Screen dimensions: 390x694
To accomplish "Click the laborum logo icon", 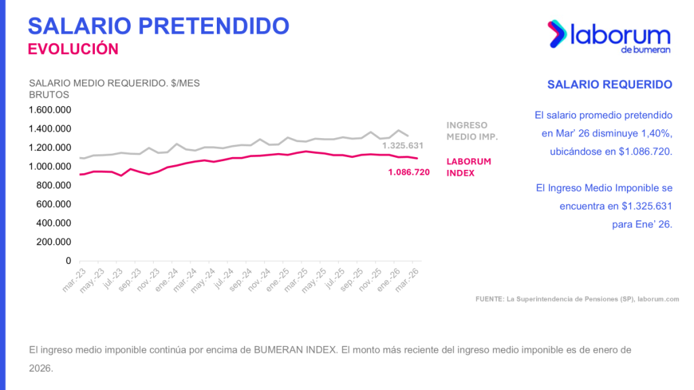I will tap(557, 34).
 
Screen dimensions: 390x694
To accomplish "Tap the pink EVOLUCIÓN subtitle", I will tap(73, 49).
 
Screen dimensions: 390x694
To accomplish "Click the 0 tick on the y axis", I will tap(68, 261).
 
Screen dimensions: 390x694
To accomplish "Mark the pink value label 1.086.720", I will tap(409, 173).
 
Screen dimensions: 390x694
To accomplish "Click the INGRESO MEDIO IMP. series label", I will tap(472, 131).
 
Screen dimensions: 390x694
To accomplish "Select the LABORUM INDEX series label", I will tap(468, 167).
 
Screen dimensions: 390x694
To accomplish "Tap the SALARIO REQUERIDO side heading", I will tap(609, 85).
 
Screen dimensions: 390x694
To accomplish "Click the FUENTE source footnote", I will tap(577, 299).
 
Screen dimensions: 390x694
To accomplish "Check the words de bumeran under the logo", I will tap(645, 49).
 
